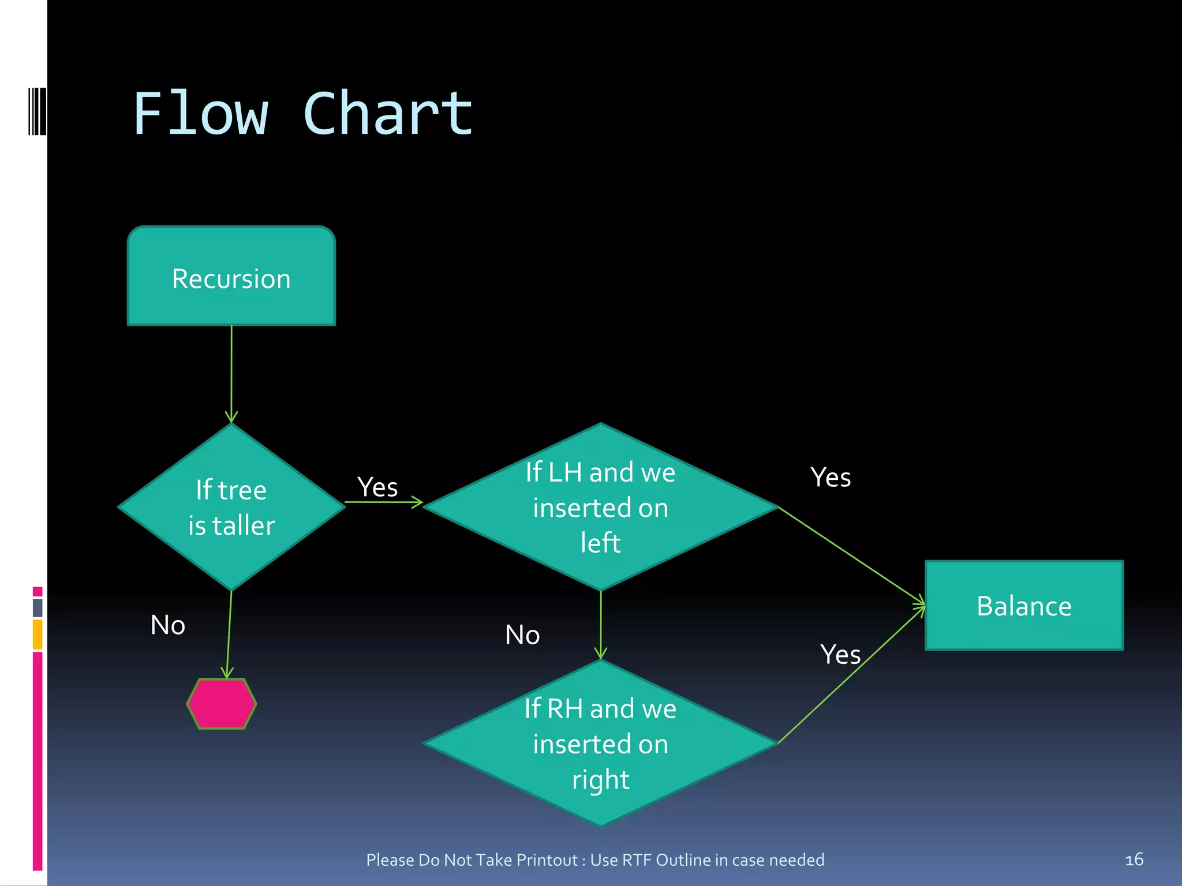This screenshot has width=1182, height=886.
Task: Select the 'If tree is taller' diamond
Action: pos(231,508)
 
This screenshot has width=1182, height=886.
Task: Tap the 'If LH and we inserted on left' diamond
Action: pos(600,508)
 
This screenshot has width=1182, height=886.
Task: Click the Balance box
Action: pos(1024,606)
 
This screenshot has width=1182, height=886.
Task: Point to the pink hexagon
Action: pos(222,704)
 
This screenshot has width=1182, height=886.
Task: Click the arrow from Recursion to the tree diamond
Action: pos(231,375)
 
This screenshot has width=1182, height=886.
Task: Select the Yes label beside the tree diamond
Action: pos(377,487)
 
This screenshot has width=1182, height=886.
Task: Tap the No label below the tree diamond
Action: pos(168,625)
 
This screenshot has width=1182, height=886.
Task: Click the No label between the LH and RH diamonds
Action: pos(522,635)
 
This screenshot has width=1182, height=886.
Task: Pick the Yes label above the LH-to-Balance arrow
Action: pos(831,478)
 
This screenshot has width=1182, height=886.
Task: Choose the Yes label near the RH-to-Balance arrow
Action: pos(840,655)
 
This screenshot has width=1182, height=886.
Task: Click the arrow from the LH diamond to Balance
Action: pos(851,556)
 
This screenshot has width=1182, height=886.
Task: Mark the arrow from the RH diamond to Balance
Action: pos(851,675)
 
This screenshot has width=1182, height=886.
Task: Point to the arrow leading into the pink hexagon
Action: pos(229,635)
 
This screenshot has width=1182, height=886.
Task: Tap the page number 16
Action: pos(1134,859)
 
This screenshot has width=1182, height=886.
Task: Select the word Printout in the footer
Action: pos(547,860)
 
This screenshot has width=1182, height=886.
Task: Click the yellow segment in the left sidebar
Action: pos(38,635)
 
